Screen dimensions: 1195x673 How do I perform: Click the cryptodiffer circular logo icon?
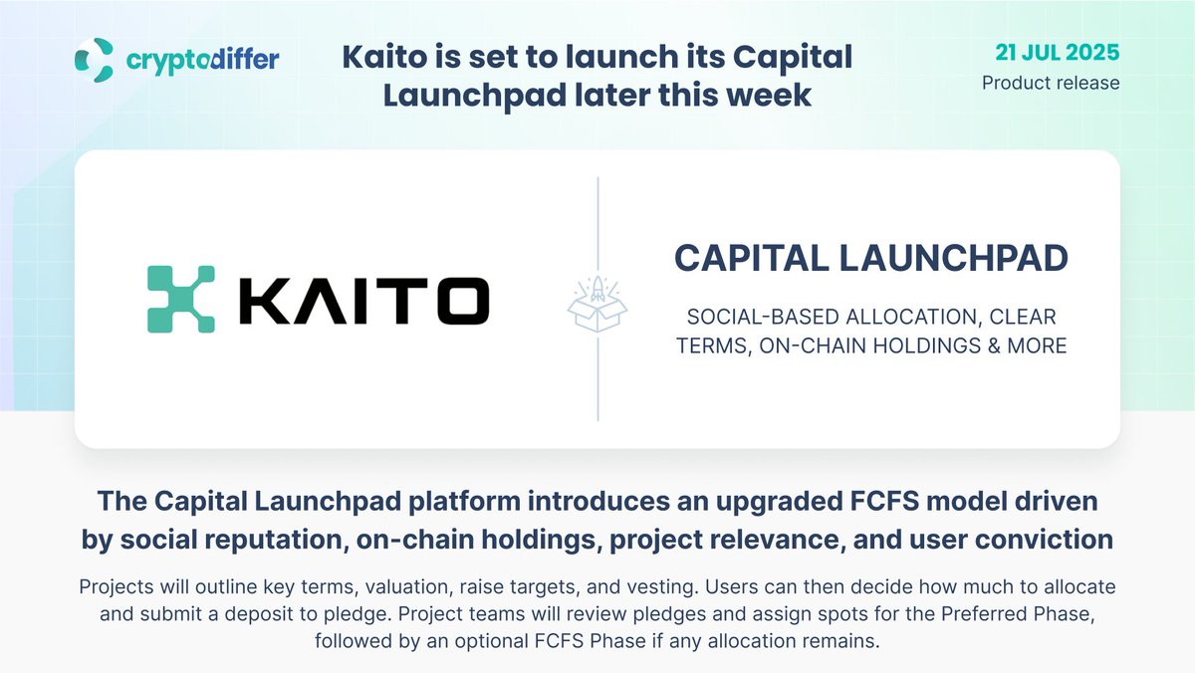coord(94,60)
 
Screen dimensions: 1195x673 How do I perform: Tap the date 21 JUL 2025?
coord(1057,52)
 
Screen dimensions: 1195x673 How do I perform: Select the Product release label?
coord(1051,83)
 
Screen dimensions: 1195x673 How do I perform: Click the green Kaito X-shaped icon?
coord(181,300)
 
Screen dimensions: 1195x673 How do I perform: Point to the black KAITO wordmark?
coord(364,301)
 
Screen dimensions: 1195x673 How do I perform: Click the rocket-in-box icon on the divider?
coord(597,304)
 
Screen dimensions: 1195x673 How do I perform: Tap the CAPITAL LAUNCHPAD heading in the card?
coord(871,258)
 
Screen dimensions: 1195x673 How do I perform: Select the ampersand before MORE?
coord(994,345)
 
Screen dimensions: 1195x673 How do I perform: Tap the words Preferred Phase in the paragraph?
coord(1018,614)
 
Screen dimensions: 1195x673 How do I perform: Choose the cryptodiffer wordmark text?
coord(203,60)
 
